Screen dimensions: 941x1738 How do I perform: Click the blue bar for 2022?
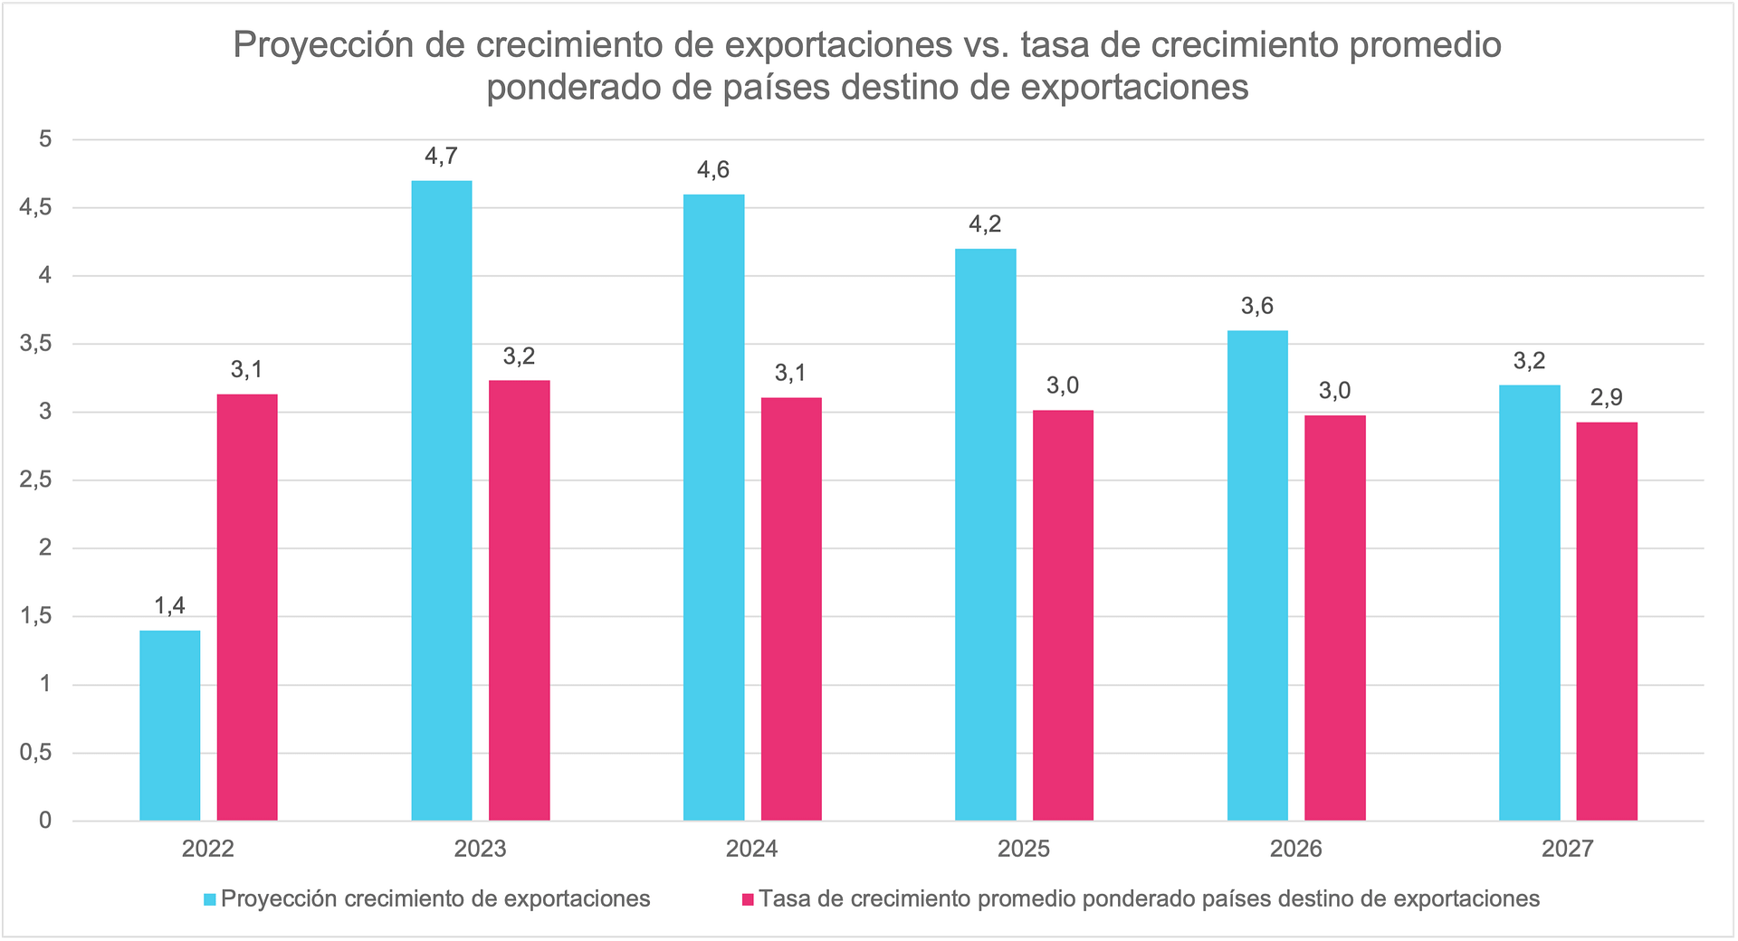point(170,726)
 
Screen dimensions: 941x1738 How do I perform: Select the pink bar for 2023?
point(520,601)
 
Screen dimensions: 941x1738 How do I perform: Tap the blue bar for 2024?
point(714,508)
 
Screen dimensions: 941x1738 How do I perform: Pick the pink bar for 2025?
point(1063,615)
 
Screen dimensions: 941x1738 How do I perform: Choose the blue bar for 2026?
point(1257,575)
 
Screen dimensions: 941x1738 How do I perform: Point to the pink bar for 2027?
point(1607,622)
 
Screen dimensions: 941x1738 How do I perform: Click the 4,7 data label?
point(442,157)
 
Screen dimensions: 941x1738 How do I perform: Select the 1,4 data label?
point(170,606)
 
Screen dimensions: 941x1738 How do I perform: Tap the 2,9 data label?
point(1607,398)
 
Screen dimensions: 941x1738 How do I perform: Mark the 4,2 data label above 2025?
point(986,225)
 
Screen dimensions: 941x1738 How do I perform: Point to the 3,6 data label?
point(1257,307)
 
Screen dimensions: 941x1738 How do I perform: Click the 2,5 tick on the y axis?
point(35,480)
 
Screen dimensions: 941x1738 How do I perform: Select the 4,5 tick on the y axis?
point(35,208)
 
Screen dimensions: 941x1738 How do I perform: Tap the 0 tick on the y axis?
point(44,821)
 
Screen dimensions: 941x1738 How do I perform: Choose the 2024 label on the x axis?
point(752,849)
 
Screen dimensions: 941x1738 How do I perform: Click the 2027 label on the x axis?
point(1568,849)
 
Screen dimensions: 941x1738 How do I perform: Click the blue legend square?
point(210,899)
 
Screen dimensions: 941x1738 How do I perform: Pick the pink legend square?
point(748,899)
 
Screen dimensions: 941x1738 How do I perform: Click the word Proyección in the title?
point(322,45)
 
